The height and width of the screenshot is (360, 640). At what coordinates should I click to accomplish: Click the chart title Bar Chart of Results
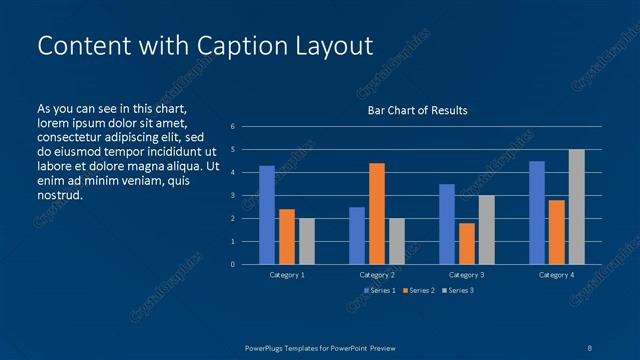(417, 110)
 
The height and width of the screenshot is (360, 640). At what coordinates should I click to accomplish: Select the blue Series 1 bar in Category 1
(267, 215)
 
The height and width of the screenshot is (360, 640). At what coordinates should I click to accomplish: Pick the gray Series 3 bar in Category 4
(576, 207)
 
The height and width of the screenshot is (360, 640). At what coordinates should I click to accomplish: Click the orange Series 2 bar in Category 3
(466, 243)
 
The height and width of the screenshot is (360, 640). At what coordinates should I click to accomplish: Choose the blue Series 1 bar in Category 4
(537, 212)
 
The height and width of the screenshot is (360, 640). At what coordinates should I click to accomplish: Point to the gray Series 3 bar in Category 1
(306, 241)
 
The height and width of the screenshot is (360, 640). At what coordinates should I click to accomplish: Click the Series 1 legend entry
(380, 291)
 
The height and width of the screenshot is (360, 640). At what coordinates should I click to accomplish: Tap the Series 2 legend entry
(418, 291)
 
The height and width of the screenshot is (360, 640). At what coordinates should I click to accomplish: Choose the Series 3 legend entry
(456, 291)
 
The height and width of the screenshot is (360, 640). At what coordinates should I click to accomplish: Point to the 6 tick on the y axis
(232, 127)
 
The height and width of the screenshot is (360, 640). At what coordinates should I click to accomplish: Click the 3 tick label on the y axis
(232, 196)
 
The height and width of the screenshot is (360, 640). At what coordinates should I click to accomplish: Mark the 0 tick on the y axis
(232, 265)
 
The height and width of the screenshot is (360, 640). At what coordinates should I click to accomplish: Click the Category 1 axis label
(287, 274)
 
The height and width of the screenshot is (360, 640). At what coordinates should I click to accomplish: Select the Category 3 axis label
(466, 274)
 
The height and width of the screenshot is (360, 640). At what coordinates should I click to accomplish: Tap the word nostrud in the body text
(60, 195)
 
